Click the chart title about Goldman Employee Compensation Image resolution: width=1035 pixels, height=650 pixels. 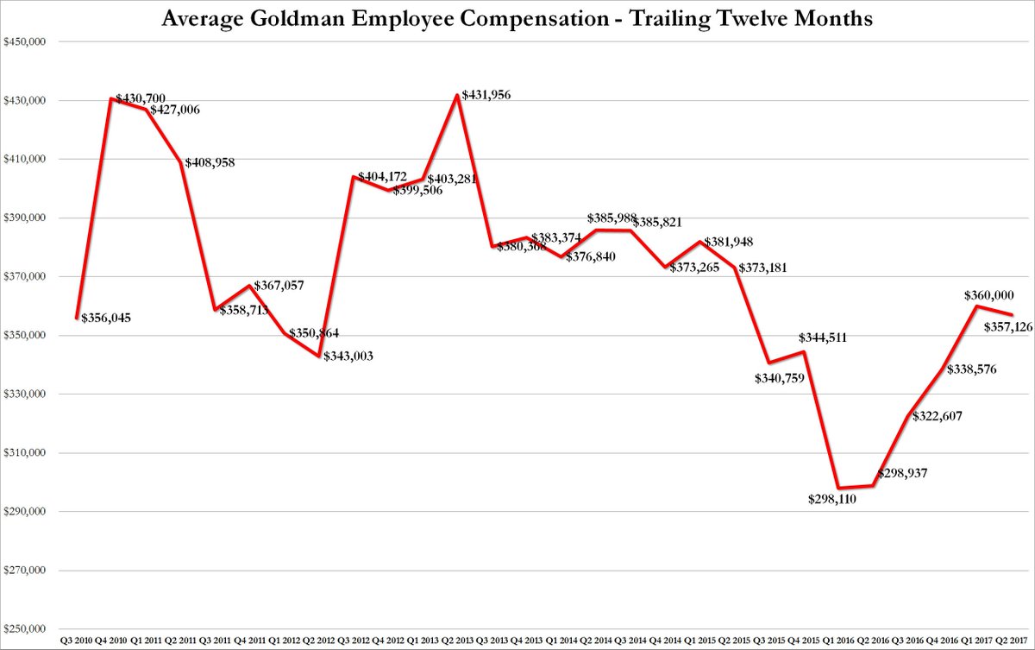pyautogui.click(x=517, y=17)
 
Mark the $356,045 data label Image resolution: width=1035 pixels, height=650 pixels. pyautogui.click(x=107, y=319)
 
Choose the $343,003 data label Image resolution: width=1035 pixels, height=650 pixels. pyautogui.click(x=348, y=356)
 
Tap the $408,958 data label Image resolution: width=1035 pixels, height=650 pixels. pyautogui.click(x=210, y=162)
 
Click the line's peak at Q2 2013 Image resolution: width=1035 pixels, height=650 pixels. pyautogui.click(x=457, y=95)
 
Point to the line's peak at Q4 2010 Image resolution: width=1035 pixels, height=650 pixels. pyautogui.click(x=111, y=98)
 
